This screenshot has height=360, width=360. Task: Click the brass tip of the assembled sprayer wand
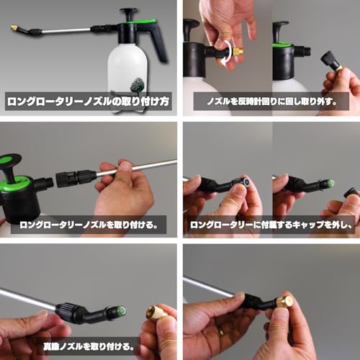point(14,27)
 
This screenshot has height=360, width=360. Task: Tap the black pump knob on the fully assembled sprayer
point(129,12)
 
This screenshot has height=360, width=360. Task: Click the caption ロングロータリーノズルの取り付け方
point(88,101)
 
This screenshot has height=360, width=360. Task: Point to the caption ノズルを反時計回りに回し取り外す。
point(271,101)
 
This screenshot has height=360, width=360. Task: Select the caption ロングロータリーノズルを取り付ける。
point(88,224)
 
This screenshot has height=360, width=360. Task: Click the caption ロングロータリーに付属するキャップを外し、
point(271,224)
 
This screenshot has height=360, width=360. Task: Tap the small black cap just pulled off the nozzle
point(352,192)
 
